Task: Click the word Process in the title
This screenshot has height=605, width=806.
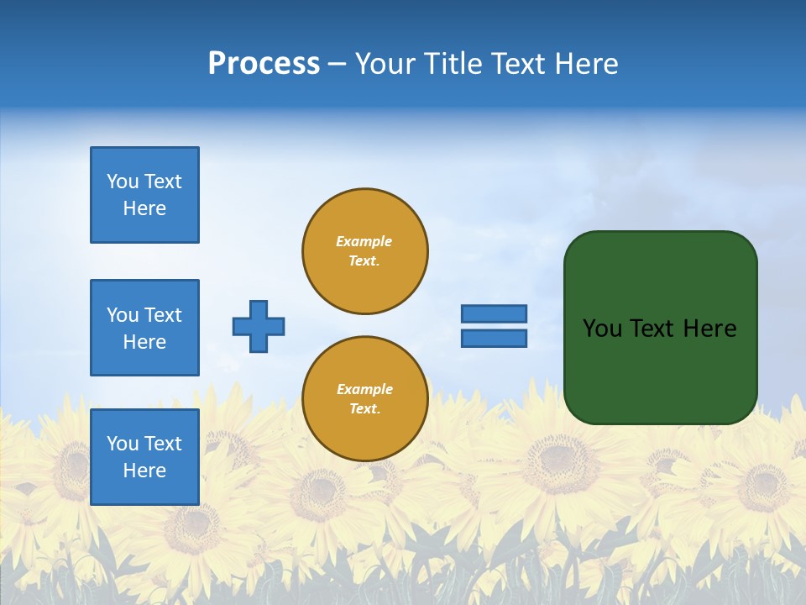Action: (x=264, y=64)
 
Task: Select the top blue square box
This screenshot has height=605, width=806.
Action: (x=144, y=195)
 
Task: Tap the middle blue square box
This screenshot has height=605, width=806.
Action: (x=144, y=328)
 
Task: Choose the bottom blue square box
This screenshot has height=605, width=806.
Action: (x=144, y=456)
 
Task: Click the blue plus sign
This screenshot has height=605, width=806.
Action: (x=259, y=326)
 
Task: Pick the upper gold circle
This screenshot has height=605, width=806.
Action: (x=365, y=251)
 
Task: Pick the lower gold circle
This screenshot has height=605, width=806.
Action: (x=365, y=399)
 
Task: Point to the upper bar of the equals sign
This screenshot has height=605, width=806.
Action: (x=495, y=313)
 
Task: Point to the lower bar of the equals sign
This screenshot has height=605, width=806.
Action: (x=495, y=339)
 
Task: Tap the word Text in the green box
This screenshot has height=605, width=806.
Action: (x=653, y=329)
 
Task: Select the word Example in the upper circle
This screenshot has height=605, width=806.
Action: (x=364, y=241)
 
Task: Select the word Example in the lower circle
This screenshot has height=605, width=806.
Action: (x=364, y=389)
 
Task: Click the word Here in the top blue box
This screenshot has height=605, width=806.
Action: (x=144, y=208)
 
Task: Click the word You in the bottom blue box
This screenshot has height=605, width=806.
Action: (x=123, y=444)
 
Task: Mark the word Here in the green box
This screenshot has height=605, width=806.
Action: (x=709, y=329)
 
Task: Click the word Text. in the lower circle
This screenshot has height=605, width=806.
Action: (x=364, y=409)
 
